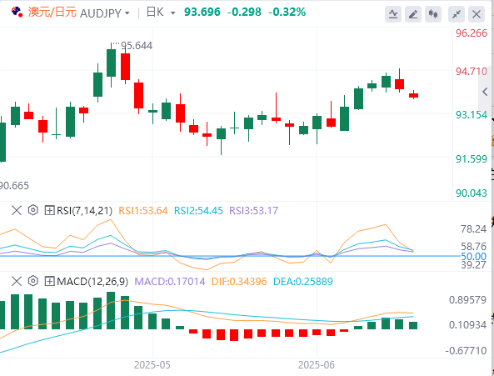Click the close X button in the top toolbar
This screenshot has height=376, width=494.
tap(477, 14)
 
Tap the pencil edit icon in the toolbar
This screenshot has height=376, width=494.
tap(413, 14)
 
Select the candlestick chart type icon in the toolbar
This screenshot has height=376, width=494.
tap(433, 14)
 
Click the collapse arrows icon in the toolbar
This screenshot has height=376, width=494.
tap(457, 14)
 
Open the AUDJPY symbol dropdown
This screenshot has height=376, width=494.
tap(127, 13)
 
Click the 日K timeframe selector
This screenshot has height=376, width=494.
tap(160, 13)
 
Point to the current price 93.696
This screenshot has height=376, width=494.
tap(202, 13)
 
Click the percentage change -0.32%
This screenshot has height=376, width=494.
tap(287, 13)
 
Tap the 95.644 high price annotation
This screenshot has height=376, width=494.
tap(137, 46)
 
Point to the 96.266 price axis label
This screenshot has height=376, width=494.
tap(472, 33)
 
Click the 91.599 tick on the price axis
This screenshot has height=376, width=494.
tap(472, 159)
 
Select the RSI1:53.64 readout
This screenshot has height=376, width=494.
tap(143, 211)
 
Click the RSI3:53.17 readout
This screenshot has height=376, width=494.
tap(253, 211)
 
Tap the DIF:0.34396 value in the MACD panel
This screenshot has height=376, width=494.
tap(239, 282)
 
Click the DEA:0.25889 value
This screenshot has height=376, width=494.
tap(302, 282)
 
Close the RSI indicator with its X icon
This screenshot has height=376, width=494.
tap(17, 210)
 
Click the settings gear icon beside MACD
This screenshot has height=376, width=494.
tap(32, 281)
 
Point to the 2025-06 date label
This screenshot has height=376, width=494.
tap(317, 365)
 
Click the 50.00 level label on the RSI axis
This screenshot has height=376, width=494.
tap(473, 256)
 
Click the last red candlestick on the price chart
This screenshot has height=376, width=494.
tap(413, 95)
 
